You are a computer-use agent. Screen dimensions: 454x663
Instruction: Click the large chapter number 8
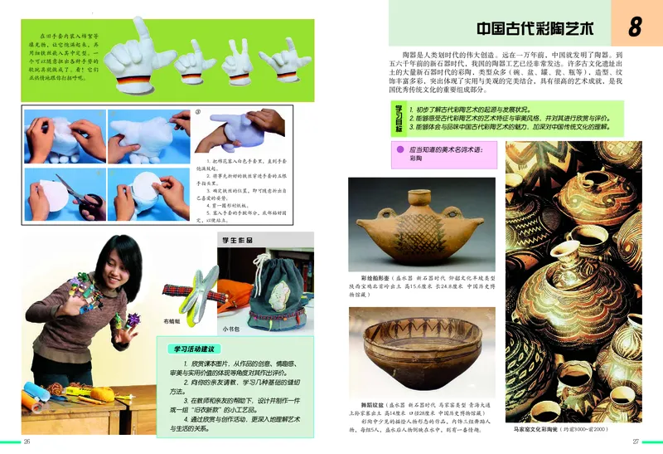point(635,27)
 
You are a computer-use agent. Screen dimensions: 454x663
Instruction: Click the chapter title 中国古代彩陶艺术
point(528,28)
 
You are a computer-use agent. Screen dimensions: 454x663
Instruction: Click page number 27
point(636,441)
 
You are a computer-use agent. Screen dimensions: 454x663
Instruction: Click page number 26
point(27,441)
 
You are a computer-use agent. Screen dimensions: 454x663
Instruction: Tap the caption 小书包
point(229,329)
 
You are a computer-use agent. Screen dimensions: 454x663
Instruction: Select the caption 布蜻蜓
point(172,320)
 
